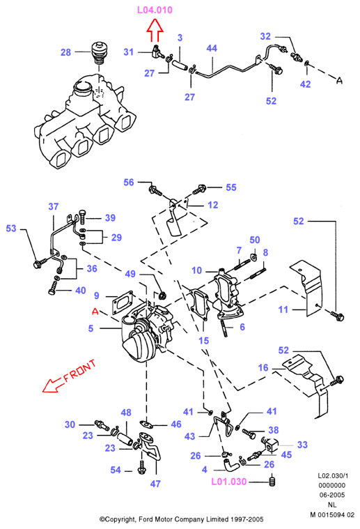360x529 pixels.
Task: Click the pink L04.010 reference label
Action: tap(155, 10)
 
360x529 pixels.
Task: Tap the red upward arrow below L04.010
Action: tap(155, 31)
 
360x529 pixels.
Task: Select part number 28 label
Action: tap(65, 52)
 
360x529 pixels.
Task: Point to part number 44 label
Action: tap(212, 48)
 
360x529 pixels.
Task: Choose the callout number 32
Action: tap(265, 36)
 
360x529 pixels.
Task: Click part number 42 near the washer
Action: tap(306, 84)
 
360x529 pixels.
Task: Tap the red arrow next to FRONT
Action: tap(54, 385)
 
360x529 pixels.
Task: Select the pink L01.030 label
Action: tap(229, 482)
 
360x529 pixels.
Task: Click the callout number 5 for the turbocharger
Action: tap(91, 328)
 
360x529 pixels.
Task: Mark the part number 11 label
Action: tap(283, 309)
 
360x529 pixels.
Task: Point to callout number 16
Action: tap(263, 367)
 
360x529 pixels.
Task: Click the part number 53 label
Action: tap(11, 229)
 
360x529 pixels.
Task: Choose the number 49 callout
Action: tap(130, 274)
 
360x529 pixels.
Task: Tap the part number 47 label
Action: tap(155, 484)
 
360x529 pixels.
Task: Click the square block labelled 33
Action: tap(272, 445)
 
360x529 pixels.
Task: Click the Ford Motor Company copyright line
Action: tap(181, 519)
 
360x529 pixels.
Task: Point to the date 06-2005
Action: tap(332, 495)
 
